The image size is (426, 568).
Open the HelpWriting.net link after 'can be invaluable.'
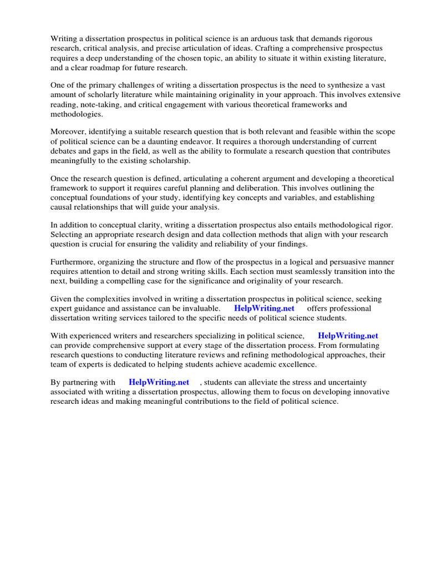click(x=264, y=308)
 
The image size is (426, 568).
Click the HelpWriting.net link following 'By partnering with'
click(x=159, y=382)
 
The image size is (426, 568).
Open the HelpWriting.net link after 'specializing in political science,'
click(x=348, y=336)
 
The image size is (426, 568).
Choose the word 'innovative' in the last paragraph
click(x=371, y=392)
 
